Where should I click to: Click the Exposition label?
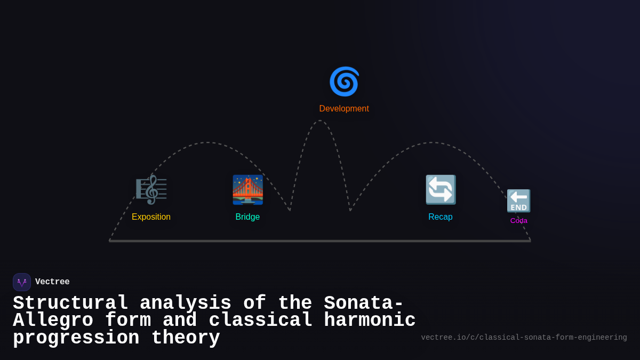151,217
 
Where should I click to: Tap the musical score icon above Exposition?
151,189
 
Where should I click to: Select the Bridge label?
247,217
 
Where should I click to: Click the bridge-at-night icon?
247,189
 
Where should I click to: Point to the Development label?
344,109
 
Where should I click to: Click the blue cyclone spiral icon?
344,81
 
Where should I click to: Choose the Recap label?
441,217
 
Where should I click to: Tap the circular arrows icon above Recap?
441,189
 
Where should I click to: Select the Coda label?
519,221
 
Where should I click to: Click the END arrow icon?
518,201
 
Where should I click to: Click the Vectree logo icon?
22,282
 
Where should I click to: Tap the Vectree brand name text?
52,282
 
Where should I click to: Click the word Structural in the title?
70,303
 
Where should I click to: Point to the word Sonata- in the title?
364,303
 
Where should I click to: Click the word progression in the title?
76,338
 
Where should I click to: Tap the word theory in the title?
186,338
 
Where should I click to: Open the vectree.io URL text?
524,338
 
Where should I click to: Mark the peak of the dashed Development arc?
320,121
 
